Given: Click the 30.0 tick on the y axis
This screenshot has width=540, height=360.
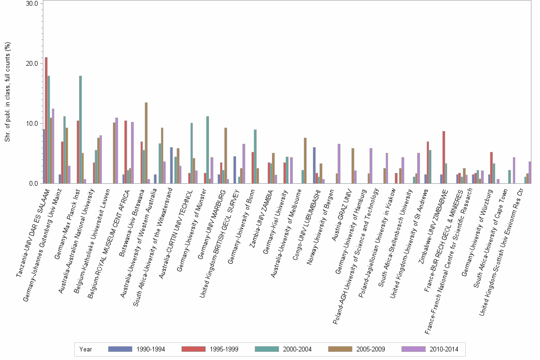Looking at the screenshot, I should coord(32,3).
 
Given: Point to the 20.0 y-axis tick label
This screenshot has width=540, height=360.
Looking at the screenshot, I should coord(32,63).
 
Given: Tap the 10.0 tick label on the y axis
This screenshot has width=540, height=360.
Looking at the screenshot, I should coord(32,123).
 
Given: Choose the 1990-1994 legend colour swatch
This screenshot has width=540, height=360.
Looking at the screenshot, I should coord(120,349).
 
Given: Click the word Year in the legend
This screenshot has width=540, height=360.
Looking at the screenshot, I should coord(86,349).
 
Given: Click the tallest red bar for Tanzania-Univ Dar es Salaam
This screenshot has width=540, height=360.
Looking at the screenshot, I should coord(46,120).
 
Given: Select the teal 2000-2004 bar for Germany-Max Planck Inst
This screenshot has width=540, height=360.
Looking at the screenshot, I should coord(80,130).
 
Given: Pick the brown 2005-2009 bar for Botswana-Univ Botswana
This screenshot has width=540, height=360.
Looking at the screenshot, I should coord(146,143).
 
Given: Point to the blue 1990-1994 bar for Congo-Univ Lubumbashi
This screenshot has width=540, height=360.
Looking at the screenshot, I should coord(314,165).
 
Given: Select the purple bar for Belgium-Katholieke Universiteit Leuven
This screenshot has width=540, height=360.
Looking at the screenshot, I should coord(117,150).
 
